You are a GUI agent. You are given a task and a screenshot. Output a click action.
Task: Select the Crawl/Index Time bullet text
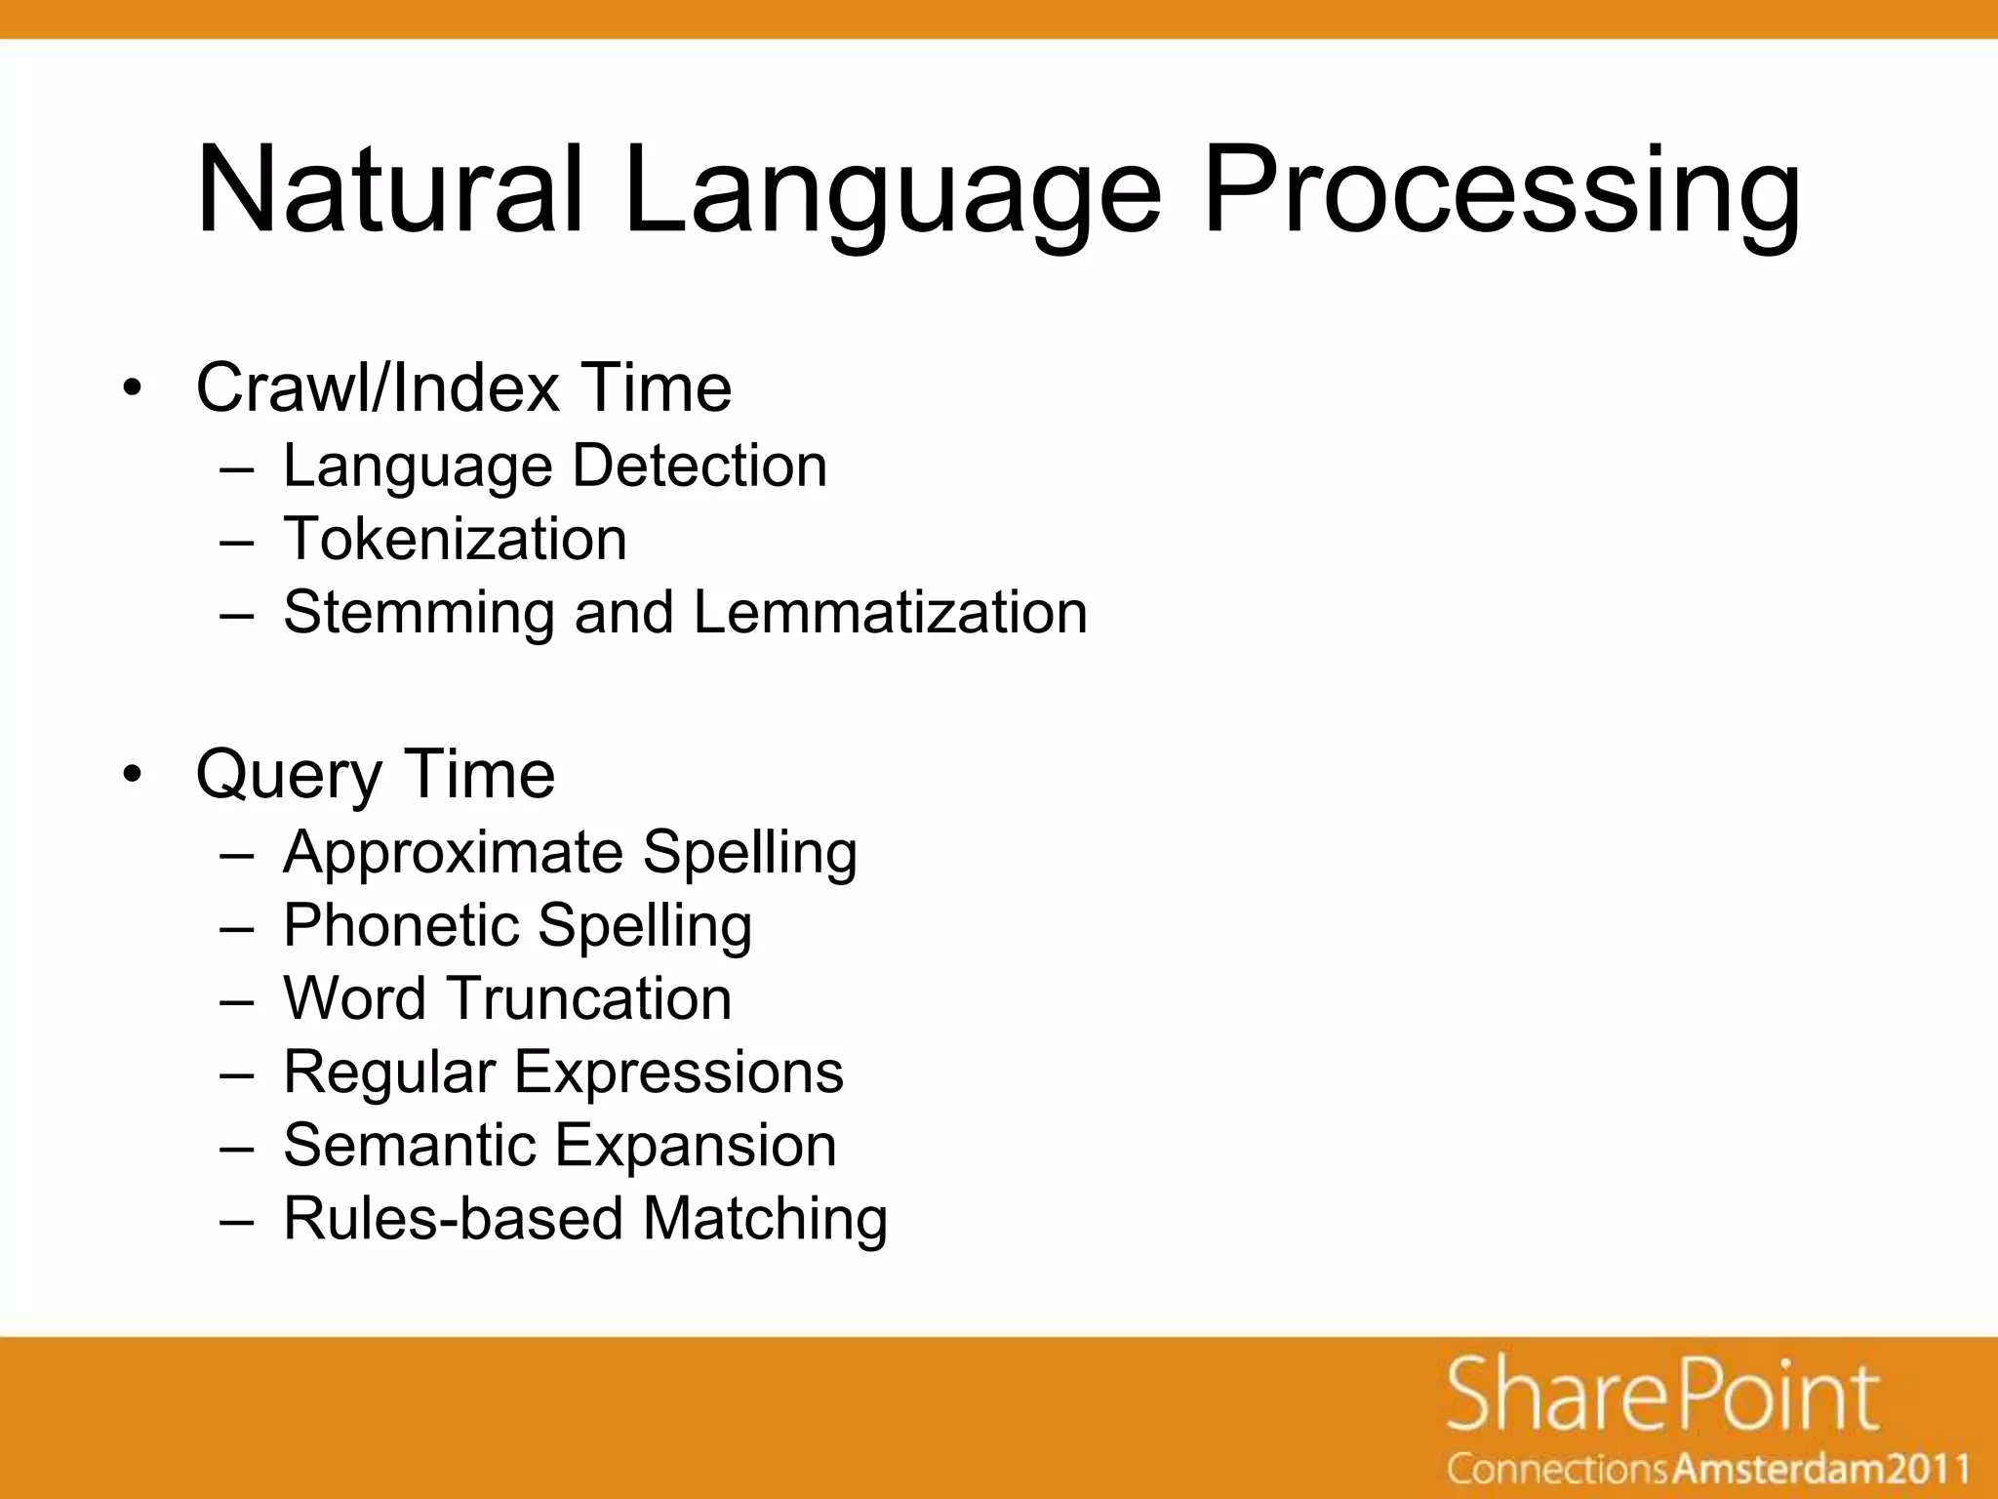pyautogui.click(x=463, y=388)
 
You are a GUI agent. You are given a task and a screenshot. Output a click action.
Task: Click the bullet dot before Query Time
pyautogui.click(x=133, y=775)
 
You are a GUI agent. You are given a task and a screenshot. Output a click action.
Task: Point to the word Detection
pyautogui.click(x=699, y=466)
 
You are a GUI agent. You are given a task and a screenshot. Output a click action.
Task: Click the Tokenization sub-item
pyautogui.click(x=455, y=539)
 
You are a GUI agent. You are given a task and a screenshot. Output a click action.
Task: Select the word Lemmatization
pyautogui.click(x=890, y=613)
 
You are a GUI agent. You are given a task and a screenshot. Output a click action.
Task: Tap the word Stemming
pyautogui.click(x=419, y=613)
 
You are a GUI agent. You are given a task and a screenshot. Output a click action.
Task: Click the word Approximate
pyautogui.click(x=453, y=852)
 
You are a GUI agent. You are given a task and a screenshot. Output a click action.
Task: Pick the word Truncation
pyautogui.click(x=590, y=998)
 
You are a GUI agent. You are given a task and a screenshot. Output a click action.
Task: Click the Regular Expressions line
pyautogui.click(x=563, y=1072)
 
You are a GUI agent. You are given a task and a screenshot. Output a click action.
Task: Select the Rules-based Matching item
pyautogui.click(x=585, y=1219)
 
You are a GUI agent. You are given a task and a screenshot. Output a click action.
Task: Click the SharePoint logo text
pyautogui.click(x=1661, y=1397)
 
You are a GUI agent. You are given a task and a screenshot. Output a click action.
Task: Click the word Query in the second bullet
pyautogui.click(x=288, y=775)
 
